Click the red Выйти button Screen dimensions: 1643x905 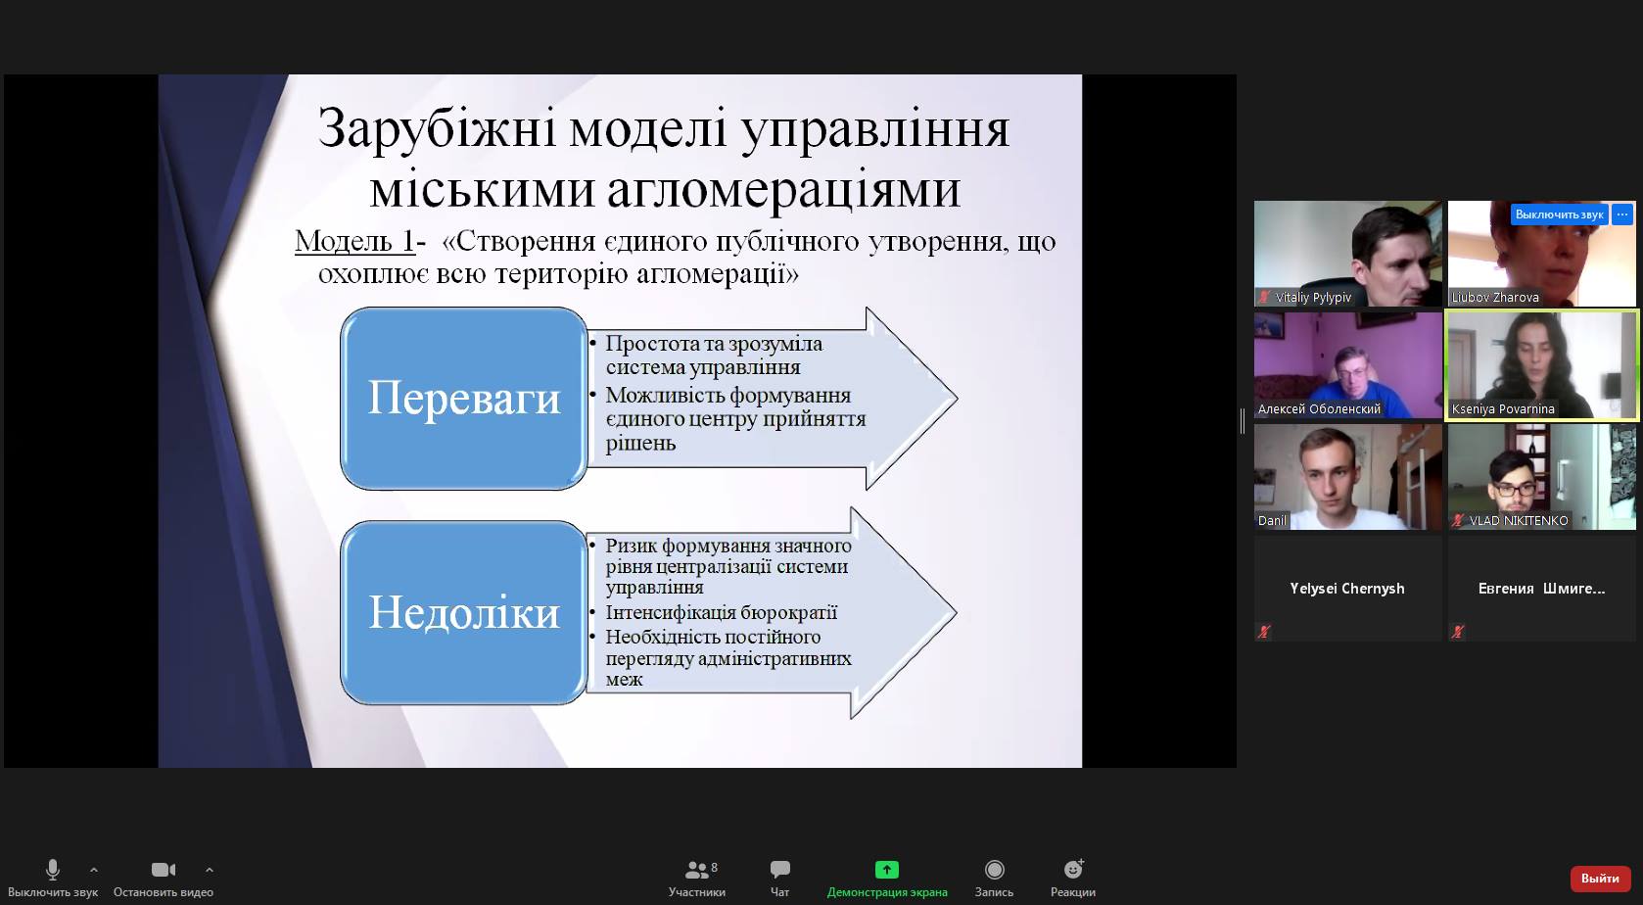click(x=1600, y=878)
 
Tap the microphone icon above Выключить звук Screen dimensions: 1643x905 click(x=53, y=870)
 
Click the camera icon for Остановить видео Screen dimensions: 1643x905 click(x=163, y=870)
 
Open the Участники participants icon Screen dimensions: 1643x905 click(x=696, y=870)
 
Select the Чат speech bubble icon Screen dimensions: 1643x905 click(x=779, y=870)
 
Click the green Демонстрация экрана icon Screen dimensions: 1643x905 click(x=887, y=870)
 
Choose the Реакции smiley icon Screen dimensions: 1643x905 click(x=1073, y=869)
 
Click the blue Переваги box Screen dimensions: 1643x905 click(x=463, y=399)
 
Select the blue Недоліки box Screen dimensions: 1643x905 click(x=463, y=612)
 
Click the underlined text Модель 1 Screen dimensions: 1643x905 click(x=355, y=241)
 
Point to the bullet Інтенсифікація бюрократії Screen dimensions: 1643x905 click(x=721, y=612)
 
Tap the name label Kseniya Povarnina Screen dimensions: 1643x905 click(x=1503, y=408)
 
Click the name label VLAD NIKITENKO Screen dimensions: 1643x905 click(x=1519, y=520)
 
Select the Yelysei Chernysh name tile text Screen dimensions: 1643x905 click(x=1346, y=589)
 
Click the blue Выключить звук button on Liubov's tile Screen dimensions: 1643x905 click(x=1560, y=214)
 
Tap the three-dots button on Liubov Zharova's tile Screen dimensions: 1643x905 click(x=1622, y=214)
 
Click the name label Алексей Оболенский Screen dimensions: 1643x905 click(x=1319, y=408)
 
